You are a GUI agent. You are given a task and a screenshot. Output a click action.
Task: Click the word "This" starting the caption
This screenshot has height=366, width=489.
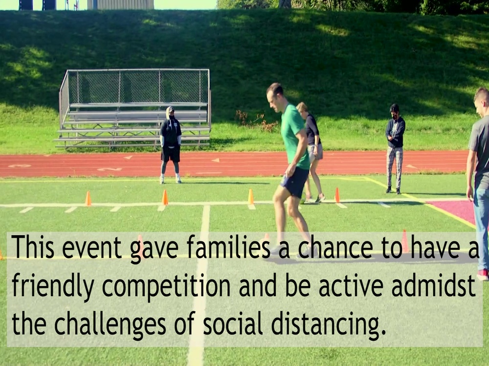coord(32,247)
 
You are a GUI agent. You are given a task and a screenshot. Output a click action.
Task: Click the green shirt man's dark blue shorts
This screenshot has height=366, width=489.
coord(295,182)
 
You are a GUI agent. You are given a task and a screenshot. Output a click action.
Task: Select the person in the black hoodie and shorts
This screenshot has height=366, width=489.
coord(171,144)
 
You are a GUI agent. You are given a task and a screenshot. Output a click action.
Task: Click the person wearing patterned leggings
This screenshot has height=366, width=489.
coord(395,149)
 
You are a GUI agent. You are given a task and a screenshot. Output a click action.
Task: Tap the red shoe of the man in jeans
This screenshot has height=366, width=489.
coord(483,274)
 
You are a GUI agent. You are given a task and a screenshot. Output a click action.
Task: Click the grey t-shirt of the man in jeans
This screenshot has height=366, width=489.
coord(479,146)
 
